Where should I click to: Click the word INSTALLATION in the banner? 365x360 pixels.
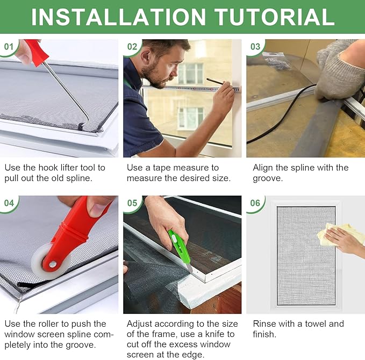118,17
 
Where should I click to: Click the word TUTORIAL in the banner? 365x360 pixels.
275,17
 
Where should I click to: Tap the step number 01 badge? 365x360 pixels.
9,47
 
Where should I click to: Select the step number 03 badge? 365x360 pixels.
255,47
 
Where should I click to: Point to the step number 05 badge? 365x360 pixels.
132,203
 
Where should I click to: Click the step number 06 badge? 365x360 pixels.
255,203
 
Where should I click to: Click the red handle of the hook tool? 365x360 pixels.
37,52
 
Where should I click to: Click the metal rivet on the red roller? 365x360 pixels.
53,264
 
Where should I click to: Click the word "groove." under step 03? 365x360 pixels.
268,179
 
